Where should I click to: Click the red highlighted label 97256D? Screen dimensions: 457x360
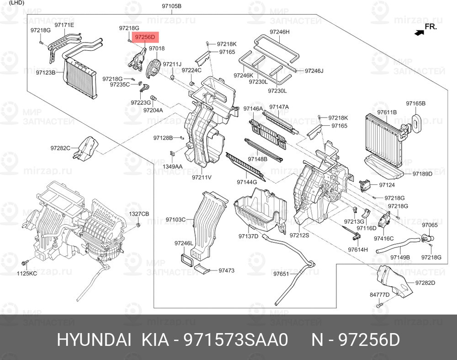coord(145,37)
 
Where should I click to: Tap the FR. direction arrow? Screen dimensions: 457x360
coord(420,32)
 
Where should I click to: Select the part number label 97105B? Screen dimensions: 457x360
coord(172,5)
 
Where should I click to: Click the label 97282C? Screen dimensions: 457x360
coord(60,148)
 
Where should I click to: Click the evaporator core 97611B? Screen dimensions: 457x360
coord(383,140)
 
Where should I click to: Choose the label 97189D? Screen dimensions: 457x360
coord(422,174)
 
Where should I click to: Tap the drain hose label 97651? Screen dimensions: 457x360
coord(281,274)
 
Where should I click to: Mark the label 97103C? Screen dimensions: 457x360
coord(175,220)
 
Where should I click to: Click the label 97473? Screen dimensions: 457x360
coord(227,270)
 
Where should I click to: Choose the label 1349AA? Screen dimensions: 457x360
coord(173,167)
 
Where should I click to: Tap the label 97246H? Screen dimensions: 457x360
coord(280,32)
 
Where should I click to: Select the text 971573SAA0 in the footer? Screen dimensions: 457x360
coord(235,340)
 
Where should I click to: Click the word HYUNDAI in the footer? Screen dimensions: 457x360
coord(94,340)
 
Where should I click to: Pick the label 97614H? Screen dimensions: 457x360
coord(358,250)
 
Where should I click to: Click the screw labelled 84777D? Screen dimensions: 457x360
coord(378,305)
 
